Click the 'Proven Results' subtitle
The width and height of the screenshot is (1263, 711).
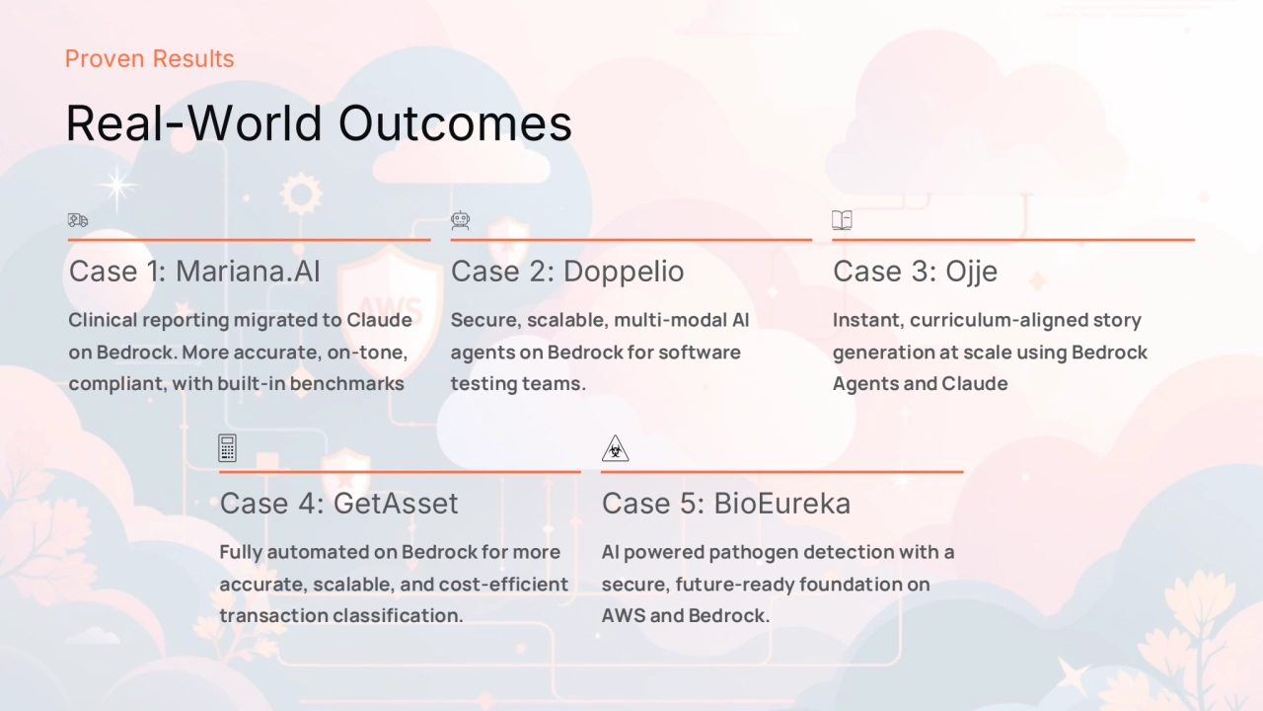(149, 58)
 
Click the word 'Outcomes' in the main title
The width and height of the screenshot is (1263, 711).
(455, 123)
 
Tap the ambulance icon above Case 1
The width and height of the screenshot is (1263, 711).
(78, 219)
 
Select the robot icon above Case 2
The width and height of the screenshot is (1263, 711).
(460, 220)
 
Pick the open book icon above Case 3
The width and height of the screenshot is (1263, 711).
(842, 220)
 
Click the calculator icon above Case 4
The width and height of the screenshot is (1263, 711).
(227, 448)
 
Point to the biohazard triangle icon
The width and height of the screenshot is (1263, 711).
(615, 448)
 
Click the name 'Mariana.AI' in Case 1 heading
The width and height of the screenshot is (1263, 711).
(248, 272)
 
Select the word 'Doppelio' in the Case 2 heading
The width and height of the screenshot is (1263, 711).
(624, 272)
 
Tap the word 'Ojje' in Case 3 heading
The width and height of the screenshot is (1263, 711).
(972, 272)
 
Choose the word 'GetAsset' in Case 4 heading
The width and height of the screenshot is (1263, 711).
(396, 504)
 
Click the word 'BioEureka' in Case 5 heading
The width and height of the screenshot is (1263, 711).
(782, 504)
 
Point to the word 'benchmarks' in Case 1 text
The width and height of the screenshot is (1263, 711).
(346, 384)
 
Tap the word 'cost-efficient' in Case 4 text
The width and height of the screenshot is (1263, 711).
(503, 584)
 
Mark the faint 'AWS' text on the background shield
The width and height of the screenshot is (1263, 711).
(390, 310)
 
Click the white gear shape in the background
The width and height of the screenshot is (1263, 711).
(301, 195)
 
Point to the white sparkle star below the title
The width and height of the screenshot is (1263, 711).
(117, 187)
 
